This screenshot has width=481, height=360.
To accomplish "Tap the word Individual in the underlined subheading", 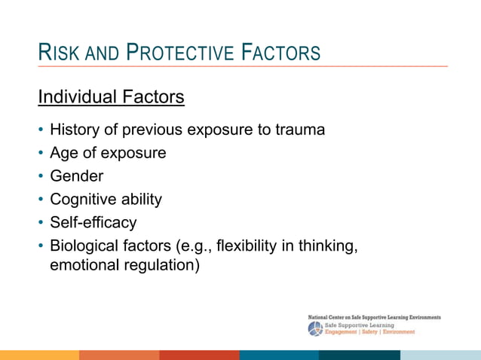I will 74,98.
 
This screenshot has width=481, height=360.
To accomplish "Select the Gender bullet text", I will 76,177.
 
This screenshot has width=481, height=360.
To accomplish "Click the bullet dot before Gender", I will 41,177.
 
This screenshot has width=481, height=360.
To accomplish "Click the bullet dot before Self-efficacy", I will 41,223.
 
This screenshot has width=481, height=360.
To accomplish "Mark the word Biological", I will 84,246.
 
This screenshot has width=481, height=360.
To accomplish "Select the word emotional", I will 83,265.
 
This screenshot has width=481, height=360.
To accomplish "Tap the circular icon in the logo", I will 315,328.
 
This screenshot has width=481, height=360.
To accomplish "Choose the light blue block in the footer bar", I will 440,355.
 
